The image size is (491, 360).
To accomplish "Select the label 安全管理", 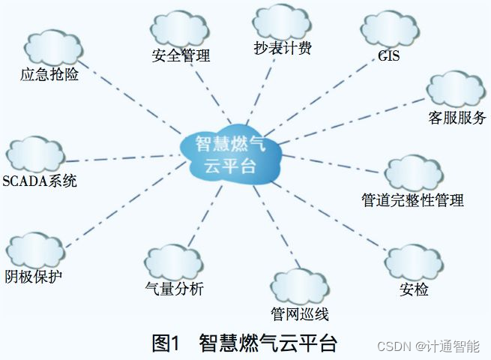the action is (x=181, y=55).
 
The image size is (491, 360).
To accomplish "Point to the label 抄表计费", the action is (x=282, y=49).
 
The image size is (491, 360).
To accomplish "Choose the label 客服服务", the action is (x=457, y=118).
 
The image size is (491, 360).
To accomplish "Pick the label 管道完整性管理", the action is (x=412, y=199).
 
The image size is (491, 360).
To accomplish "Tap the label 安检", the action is (x=415, y=289).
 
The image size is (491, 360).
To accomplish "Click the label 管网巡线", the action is (x=300, y=313).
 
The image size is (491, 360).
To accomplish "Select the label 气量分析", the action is (x=174, y=288).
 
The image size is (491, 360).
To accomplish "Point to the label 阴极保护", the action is (x=33, y=276).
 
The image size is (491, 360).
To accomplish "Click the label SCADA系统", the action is (x=40, y=181).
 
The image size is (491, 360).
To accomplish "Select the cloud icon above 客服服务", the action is (x=457, y=89).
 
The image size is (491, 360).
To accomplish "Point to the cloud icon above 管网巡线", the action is (x=300, y=286).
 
